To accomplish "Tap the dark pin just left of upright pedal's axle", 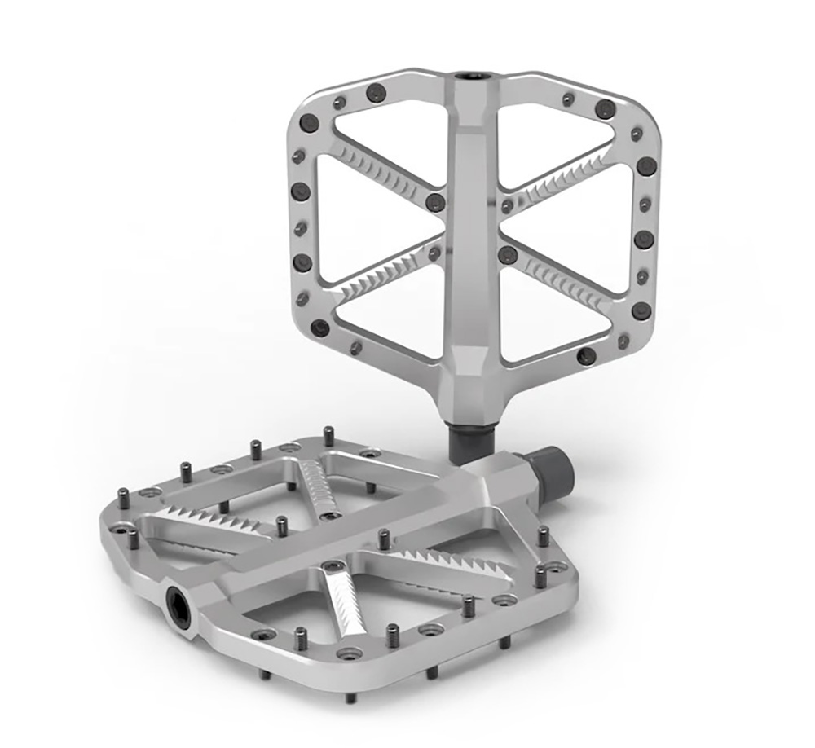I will [x=435, y=202].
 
